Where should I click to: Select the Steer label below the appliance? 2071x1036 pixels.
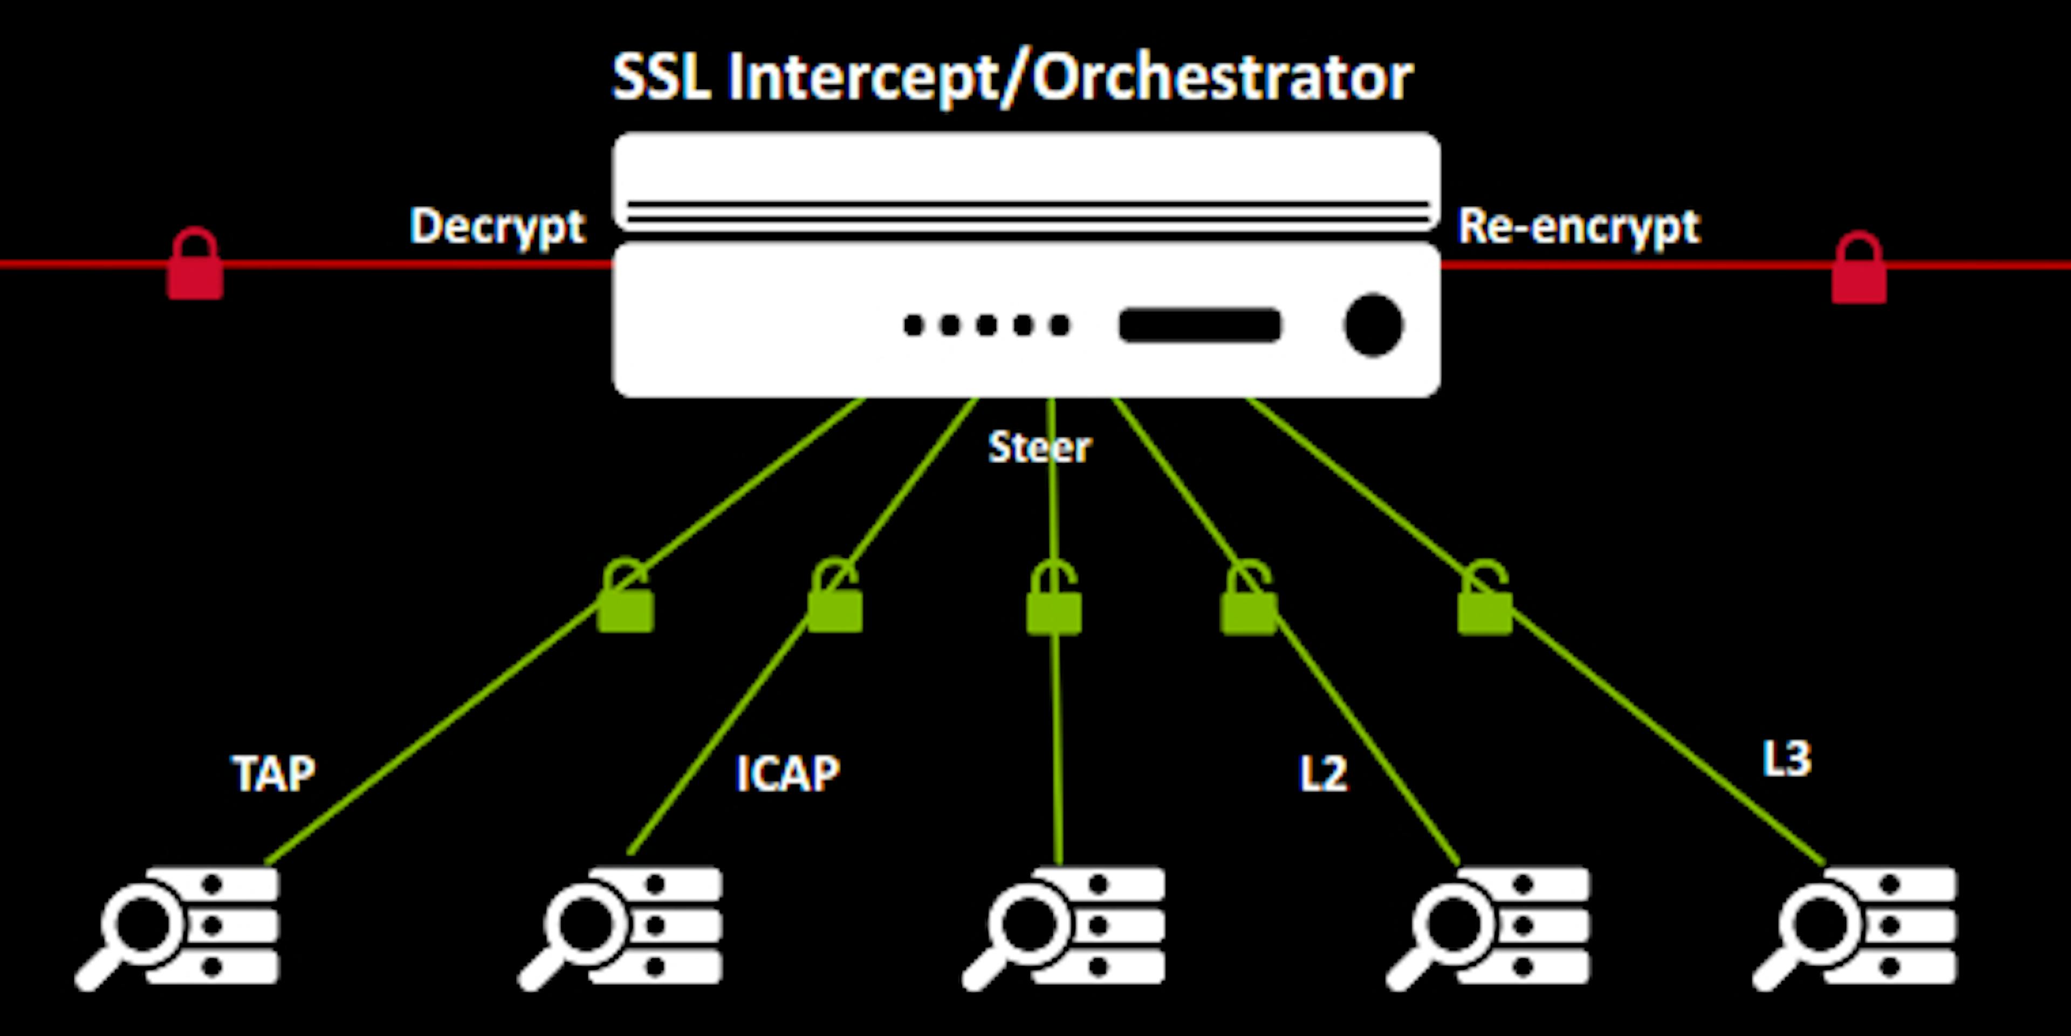[1039, 447]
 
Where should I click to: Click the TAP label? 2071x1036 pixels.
[273, 774]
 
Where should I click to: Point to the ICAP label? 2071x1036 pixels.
[788, 774]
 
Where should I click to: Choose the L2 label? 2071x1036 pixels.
[1322, 774]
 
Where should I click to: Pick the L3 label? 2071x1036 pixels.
[1786, 759]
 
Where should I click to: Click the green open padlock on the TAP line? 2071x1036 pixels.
[626, 599]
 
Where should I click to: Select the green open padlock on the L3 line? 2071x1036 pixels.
[1484, 602]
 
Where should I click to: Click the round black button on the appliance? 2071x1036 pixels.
[1373, 325]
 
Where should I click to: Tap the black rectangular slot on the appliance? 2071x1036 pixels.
[1199, 325]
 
